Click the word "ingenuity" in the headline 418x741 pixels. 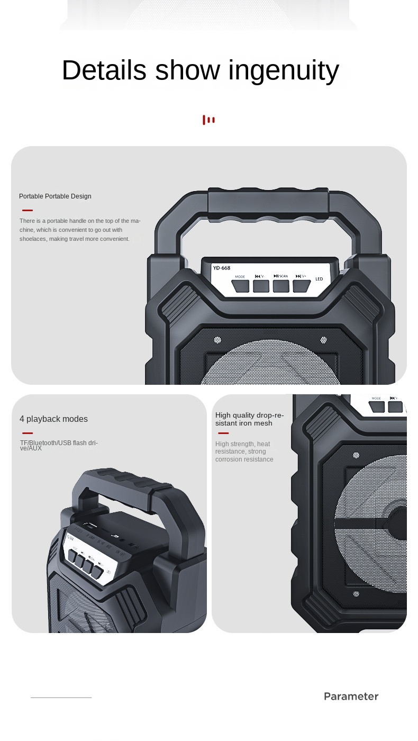tap(283, 70)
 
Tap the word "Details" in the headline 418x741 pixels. tap(104, 70)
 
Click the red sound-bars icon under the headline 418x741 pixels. tap(208, 120)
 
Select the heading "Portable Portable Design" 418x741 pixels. tap(55, 196)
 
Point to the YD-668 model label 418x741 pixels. tap(222, 268)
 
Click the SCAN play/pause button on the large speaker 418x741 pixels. tap(281, 286)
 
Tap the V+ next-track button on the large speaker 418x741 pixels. tap(301, 286)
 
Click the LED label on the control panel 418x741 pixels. tap(319, 279)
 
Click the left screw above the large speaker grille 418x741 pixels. tap(217, 340)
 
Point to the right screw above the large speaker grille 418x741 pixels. tap(323, 340)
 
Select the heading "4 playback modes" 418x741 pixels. tap(53, 419)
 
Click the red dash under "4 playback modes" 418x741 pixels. tap(28, 433)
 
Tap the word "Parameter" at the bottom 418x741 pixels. tap(351, 697)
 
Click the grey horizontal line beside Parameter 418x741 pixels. tap(61, 698)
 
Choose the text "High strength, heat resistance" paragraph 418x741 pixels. tap(244, 451)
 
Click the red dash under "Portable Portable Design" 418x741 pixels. tap(28, 210)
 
